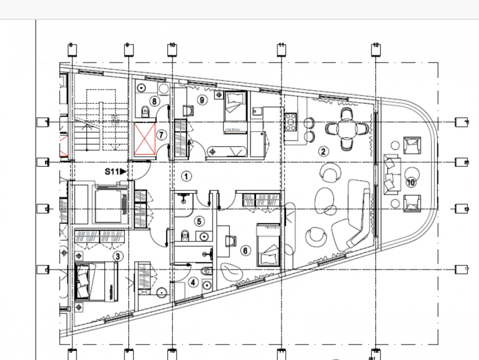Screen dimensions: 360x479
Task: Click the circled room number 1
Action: (186, 176)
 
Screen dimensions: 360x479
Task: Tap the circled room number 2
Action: (323, 151)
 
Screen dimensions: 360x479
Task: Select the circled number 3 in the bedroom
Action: (117, 257)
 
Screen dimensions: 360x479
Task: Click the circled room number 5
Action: (199, 221)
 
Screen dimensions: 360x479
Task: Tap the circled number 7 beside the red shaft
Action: (161, 135)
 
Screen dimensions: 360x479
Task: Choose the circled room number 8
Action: (155, 101)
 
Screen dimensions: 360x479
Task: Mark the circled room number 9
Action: (202, 100)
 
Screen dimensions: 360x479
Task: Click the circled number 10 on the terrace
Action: (411, 183)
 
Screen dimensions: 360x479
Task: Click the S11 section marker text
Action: (113, 171)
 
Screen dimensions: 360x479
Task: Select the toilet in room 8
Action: (146, 110)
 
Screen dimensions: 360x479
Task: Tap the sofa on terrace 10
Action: (390, 174)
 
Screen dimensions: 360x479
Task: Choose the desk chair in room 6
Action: (230, 240)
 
